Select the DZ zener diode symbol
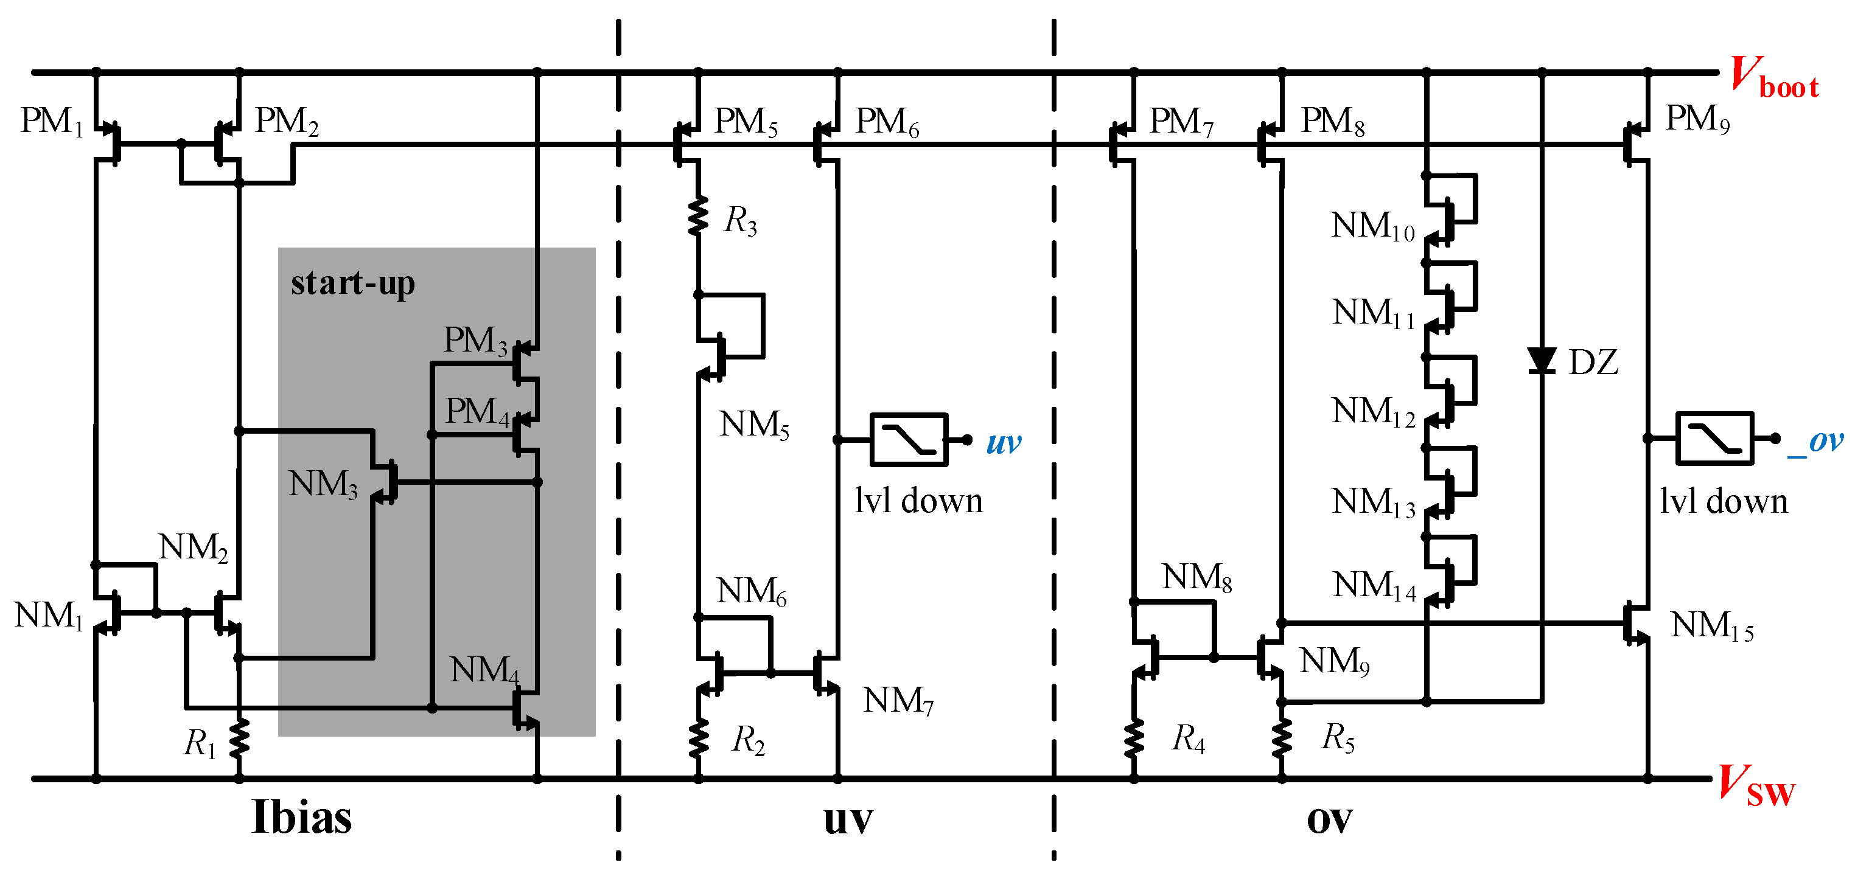coord(1541,361)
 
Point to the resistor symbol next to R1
coord(239,739)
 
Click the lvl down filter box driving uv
coord(909,440)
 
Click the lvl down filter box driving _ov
coord(1714,438)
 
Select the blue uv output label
coord(1004,442)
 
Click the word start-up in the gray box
coord(352,283)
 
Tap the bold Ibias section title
coord(301,818)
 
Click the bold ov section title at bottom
coord(1329,819)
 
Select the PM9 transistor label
coord(1696,118)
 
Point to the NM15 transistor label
coord(1711,625)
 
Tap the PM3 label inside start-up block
coord(475,340)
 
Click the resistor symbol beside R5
coord(1282,738)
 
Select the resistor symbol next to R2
coord(698,738)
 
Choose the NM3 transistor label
coord(323,484)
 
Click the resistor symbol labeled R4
coord(1133,738)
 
